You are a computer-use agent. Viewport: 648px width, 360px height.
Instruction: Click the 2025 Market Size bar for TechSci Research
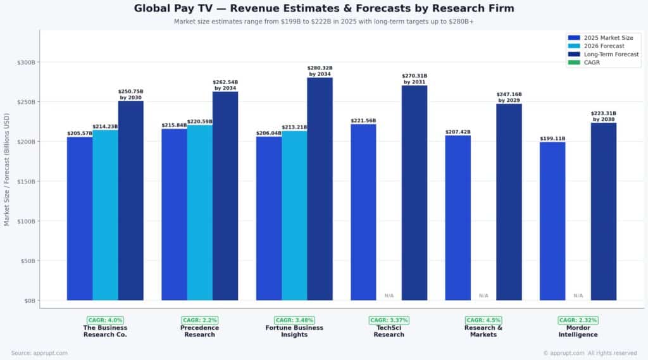(x=363, y=212)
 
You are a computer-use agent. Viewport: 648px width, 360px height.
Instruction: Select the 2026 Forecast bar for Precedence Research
(x=200, y=213)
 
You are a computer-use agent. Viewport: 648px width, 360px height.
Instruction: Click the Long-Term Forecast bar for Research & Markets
(x=509, y=202)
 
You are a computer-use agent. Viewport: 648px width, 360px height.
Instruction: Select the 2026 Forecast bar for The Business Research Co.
(x=105, y=215)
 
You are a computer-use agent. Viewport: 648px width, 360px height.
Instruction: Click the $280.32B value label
(x=320, y=68)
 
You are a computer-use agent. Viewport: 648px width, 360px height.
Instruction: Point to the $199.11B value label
(x=552, y=138)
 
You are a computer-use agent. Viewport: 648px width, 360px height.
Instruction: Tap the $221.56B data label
(x=363, y=120)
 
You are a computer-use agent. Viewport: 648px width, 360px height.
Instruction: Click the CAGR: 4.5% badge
(x=483, y=320)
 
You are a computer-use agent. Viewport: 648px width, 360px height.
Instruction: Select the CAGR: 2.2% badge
(x=200, y=320)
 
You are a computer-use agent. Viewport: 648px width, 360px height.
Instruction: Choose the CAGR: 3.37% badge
(x=389, y=320)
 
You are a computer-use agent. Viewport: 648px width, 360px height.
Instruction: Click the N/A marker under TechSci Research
(x=389, y=295)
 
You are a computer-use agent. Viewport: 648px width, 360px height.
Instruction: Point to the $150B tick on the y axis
(x=27, y=182)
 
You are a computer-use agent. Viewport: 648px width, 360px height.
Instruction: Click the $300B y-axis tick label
(x=27, y=63)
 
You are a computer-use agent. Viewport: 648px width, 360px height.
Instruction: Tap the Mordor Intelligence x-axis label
(x=578, y=331)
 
